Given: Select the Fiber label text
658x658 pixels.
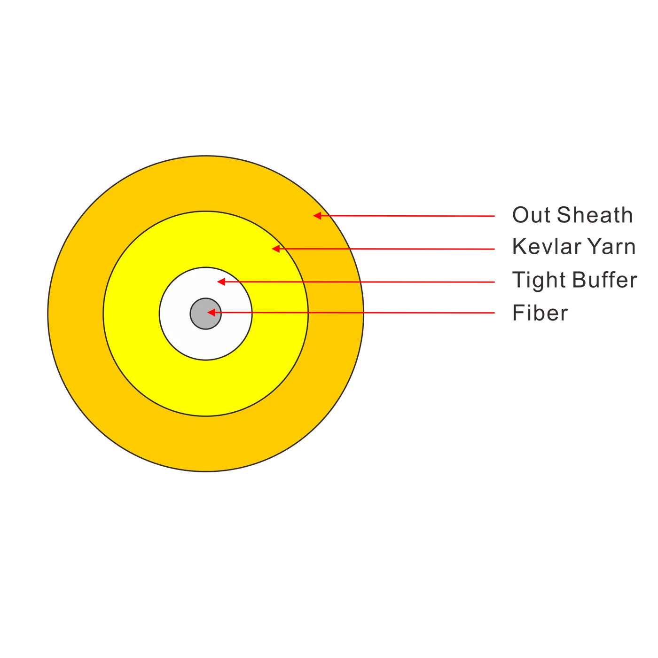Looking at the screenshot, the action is point(540,312).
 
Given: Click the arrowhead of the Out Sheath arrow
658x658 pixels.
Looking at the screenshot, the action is point(317,215).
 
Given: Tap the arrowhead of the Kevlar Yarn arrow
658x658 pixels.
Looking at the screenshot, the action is point(275,249).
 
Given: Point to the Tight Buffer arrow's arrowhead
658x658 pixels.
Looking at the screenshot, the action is point(221,282).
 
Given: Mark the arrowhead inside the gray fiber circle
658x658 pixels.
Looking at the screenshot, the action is point(211,312).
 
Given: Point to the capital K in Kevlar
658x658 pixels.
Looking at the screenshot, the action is point(519,246).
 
